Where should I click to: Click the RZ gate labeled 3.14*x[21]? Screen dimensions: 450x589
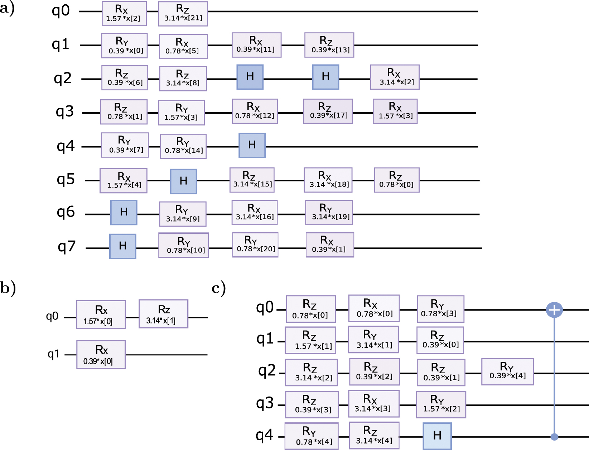coord(183,14)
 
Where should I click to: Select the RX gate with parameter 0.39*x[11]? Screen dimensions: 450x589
coord(256,45)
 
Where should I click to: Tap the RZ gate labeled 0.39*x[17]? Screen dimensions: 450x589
coord(328,111)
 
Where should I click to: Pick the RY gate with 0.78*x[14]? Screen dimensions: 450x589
coord(183,146)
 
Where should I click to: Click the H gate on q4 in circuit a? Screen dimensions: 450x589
coord(252,145)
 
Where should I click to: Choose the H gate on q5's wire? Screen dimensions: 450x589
coord(183,181)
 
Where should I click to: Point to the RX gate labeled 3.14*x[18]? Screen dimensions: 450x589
coord(328,180)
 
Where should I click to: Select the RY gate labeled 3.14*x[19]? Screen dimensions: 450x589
coord(329,213)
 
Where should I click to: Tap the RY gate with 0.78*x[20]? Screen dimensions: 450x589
coord(256,245)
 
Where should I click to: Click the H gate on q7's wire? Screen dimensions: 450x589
coord(123,246)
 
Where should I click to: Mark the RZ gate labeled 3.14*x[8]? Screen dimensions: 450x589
coord(183,79)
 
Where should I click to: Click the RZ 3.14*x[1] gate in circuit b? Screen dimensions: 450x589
coord(163,314)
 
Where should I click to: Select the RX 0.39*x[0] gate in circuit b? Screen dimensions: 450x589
coord(101,354)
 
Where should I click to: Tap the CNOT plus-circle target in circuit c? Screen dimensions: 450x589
coord(554,310)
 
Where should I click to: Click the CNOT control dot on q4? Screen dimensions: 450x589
coord(554,437)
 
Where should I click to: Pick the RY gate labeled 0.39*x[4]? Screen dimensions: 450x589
coord(507,371)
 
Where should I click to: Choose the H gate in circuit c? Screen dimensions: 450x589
coord(437,436)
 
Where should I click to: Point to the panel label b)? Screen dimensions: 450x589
coord(8,288)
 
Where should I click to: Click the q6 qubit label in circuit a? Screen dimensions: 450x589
coord(66,212)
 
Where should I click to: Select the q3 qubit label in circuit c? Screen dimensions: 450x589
coord(265,403)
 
